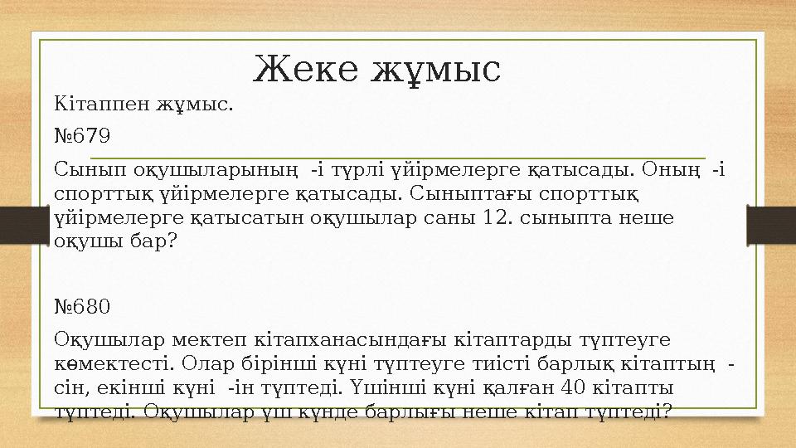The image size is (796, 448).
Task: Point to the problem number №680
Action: (x=82, y=307)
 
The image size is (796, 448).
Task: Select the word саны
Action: (x=447, y=218)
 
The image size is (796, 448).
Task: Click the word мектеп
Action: (x=207, y=340)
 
